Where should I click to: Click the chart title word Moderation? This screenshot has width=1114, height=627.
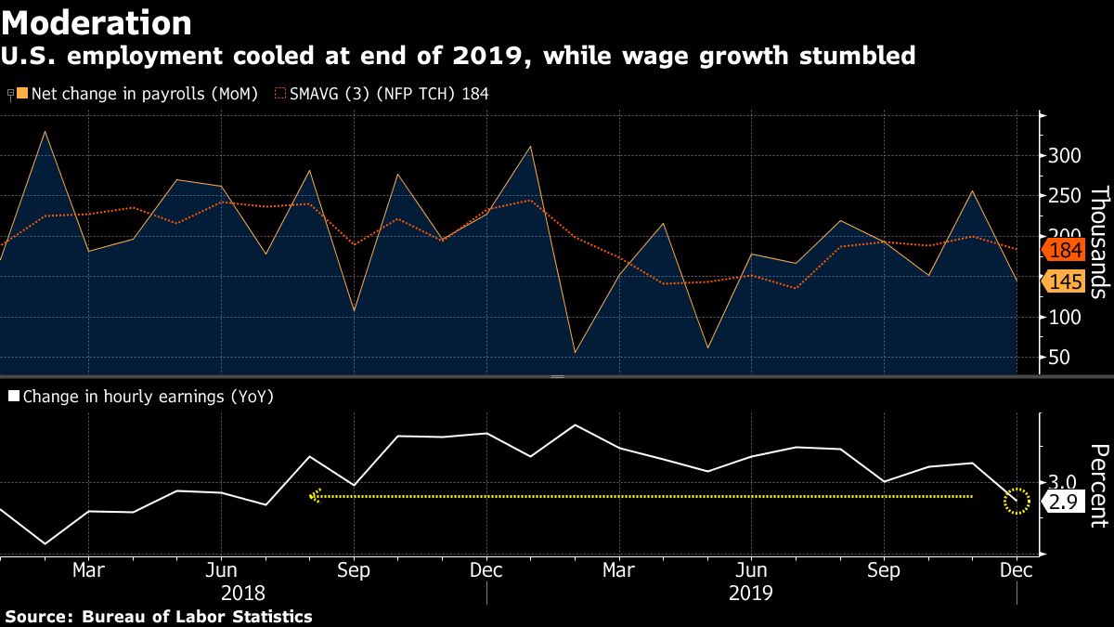tap(97, 22)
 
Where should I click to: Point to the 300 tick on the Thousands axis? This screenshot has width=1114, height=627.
tap(1064, 155)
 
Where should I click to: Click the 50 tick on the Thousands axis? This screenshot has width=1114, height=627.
tap(1058, 358)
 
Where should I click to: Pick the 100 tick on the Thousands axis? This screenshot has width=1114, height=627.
tap(1064, 318)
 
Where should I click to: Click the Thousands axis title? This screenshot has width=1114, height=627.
tap(1098, 242)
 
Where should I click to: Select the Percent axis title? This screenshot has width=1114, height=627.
tap(1098, 486)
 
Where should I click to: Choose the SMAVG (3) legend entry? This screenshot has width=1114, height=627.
tap(382, 94)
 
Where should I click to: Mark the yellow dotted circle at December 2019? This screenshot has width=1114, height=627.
tap(1017, 502)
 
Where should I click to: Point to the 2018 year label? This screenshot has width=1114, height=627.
tap(242, 593)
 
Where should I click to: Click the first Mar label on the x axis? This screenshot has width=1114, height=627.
tap(88, 569)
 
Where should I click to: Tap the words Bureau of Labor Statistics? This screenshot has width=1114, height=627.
tap(197, 617)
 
